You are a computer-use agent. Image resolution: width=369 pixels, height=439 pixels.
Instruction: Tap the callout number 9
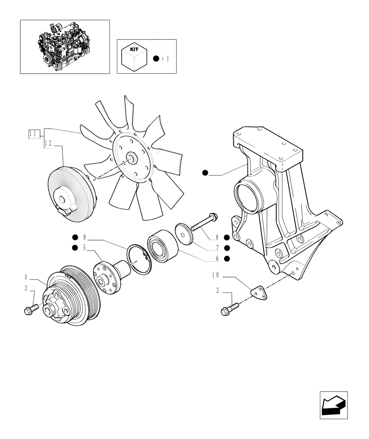[84, 238]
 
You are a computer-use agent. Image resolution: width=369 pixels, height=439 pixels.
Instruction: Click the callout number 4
[27, 277]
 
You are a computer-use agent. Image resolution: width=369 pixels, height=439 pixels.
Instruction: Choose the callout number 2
[218, 290]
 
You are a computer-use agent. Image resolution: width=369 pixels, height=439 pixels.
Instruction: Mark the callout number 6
[217, 258]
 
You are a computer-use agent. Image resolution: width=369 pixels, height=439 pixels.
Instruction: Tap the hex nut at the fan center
[131, 158]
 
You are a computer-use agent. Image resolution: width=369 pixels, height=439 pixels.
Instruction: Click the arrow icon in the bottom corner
[333, 405]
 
